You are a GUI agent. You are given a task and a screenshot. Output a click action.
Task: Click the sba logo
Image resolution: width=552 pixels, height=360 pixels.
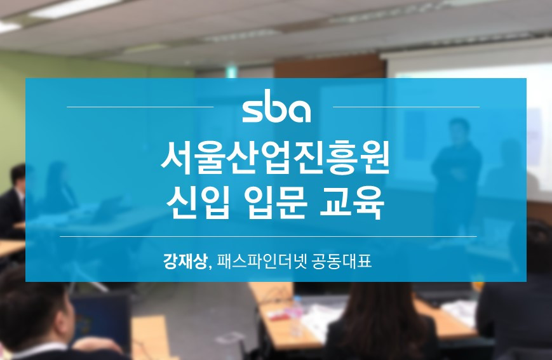276,110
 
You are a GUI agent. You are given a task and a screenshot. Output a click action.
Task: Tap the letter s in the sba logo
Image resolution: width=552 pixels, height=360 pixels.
252,111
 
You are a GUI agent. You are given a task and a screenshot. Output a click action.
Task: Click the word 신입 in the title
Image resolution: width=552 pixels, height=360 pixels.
195,205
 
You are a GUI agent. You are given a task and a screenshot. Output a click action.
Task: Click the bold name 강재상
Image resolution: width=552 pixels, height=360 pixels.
185,260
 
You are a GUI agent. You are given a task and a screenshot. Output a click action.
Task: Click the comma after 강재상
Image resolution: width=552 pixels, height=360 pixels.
210,265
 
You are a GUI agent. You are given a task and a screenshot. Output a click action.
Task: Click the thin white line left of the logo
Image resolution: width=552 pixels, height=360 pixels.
140,107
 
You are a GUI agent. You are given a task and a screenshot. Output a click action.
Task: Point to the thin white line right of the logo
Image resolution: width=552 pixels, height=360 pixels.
406,107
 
